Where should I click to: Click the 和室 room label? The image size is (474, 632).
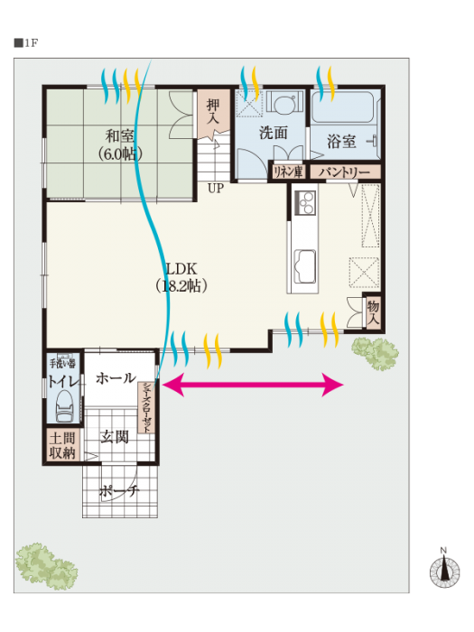click(x=120, y=136)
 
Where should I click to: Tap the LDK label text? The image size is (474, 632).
click(x=181, y=269)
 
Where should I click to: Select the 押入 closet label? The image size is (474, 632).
click(x=213, y=112)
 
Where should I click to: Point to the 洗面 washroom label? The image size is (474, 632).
click(x=274, y=133)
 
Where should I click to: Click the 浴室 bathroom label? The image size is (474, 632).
click(x=341, y=142)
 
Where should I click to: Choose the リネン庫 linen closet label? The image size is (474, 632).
click(x=288, y=172)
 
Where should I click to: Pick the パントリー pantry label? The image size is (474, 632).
click(x=345, y=172)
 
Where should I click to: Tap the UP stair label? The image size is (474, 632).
click(x=216, y=188)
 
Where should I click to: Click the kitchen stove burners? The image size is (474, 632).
click(x=305, y=203)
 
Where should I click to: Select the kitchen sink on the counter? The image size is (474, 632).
click(x=305, y=267)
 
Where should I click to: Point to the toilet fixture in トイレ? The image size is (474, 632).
click(x=64, y=406)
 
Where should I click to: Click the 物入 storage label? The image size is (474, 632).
click(x=373, y=313)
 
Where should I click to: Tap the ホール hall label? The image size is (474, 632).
click(x=116, y=378)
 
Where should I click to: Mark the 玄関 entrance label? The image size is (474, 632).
click(x=115, y=437)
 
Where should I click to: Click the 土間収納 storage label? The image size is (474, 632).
click(x=62, y=445)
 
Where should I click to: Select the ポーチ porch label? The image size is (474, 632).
click(x=119, y=491)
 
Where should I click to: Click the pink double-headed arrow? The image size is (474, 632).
click(x=253, y=385)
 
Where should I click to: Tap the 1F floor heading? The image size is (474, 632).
click(x=26, y=43)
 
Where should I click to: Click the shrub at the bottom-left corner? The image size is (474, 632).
click(x=46, y=566)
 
